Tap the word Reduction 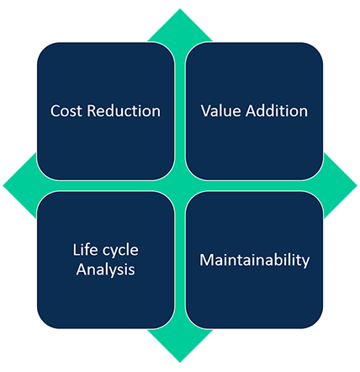124,111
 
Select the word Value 221,111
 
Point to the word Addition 277,111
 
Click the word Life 82,249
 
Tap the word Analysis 105,270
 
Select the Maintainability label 255,260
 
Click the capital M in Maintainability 206,260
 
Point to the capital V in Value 206,111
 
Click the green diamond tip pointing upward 180,9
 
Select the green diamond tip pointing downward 180,362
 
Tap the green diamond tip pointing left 3,185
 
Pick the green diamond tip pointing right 357,185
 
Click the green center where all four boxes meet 180,186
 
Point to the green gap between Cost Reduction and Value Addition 180,111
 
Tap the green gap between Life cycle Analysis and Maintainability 180,260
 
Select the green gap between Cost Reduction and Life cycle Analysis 105,186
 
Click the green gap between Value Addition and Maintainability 255,186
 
